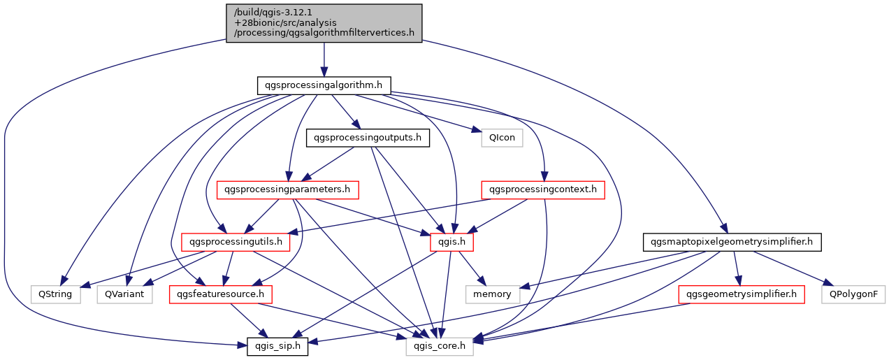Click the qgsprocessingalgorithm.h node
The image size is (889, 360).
pos(324,85)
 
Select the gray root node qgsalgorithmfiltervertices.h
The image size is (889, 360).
pos(324,23)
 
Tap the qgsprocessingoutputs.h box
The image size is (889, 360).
pos(368,138)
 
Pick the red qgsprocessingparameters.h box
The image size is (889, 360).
pos(288,189)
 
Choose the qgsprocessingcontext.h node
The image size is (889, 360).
pos(543,189)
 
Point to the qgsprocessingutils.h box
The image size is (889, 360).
pos(236,243)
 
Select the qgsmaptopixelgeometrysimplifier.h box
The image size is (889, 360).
pos(731,243)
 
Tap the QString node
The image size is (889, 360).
pos(55,294)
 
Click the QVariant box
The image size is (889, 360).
pos(125,294)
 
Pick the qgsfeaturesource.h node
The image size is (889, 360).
pos(221,294)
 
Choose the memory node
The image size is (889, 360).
pos(493,294)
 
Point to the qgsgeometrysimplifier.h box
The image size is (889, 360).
pos(742,294)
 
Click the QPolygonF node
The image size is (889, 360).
pos(853,294)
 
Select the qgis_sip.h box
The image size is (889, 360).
pos(277,346)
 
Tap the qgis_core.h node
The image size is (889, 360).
pos(440,346)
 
